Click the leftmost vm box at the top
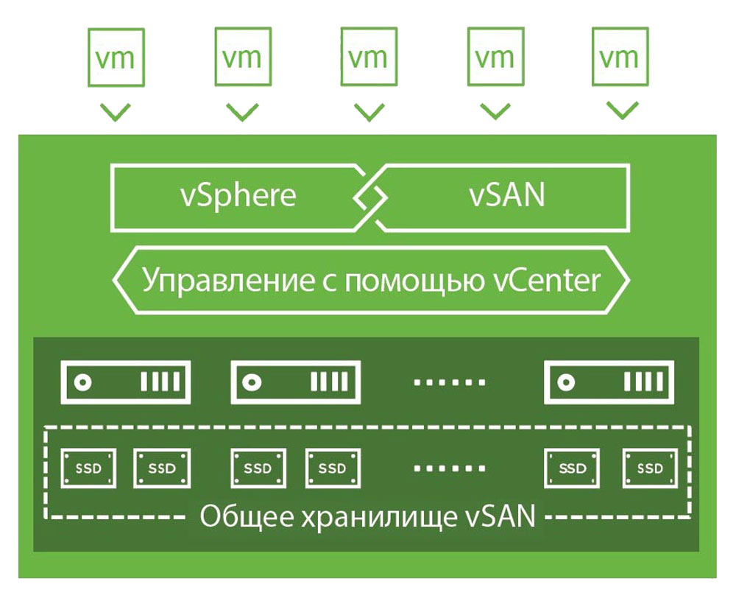[116, 57]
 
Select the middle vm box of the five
[369, 57]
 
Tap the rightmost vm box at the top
[620, 57]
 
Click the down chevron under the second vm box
[242, 112]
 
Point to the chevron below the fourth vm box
[495, 111]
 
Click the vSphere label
[238, 196]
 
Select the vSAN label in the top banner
[507, 195]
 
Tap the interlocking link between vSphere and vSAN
[370, 197]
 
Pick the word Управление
[228, 281]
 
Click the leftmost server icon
[126, 382]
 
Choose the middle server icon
[296, 382]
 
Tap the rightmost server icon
[609, 382]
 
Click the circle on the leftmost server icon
[83, 382]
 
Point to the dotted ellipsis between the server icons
[449, 382]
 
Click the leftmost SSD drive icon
[88, 468]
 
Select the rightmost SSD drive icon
[650, 468]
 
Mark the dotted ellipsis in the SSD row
[449, 468]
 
